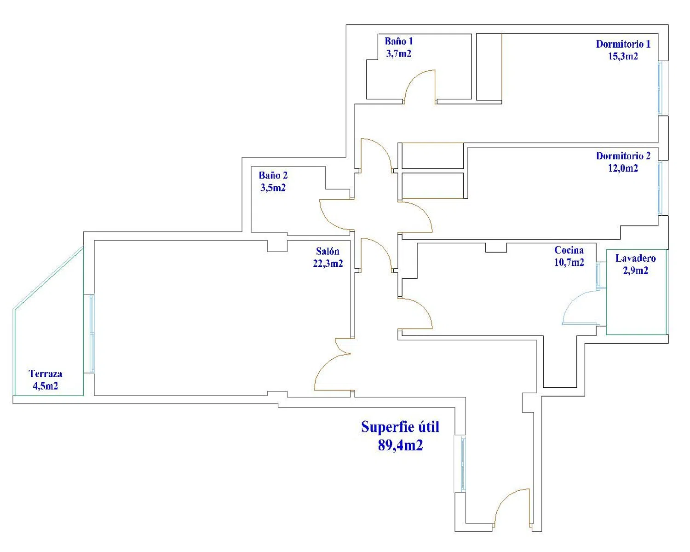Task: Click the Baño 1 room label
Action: [x=399, y=41]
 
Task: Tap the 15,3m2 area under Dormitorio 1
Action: [x=623, y=56]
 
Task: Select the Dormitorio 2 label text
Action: [x=623, y=156]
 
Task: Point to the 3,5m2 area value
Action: [x=273, y=188]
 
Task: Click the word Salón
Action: [x=328, y=251]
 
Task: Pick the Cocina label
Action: [x=569, y=250]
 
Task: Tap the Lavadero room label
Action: [x=636, y=258]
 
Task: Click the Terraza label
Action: [x=46, y=374]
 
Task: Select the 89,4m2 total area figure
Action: [x=401, y=445]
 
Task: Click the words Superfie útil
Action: [x=400, y=427]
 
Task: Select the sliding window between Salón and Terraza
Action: [x=92, y=333]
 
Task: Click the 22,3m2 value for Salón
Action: [x=328, y=263]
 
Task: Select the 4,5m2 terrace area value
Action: [x=46, y=386]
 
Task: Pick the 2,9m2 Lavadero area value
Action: [x=636, y=270]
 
